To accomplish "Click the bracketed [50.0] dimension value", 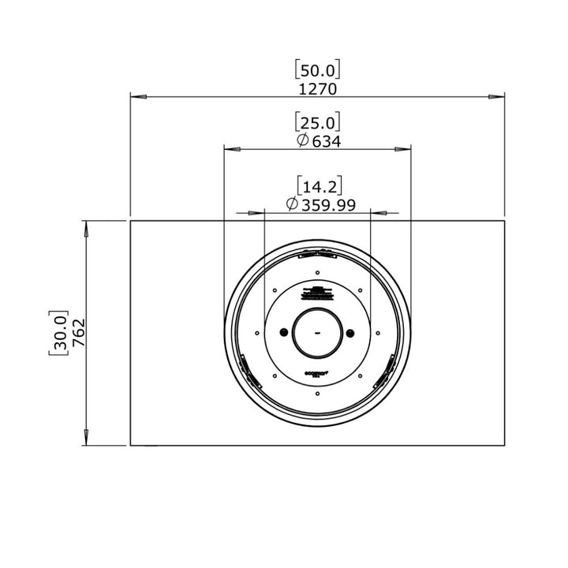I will click(317, 70).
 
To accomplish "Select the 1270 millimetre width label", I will click(317, 88).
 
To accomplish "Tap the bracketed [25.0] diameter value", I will click(317, 122).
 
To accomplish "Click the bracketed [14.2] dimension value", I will click(317, 187).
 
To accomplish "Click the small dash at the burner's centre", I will click(317, 333).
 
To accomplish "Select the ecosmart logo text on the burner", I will click(317, 373).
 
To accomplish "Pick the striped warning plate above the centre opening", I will click(317, 293).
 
